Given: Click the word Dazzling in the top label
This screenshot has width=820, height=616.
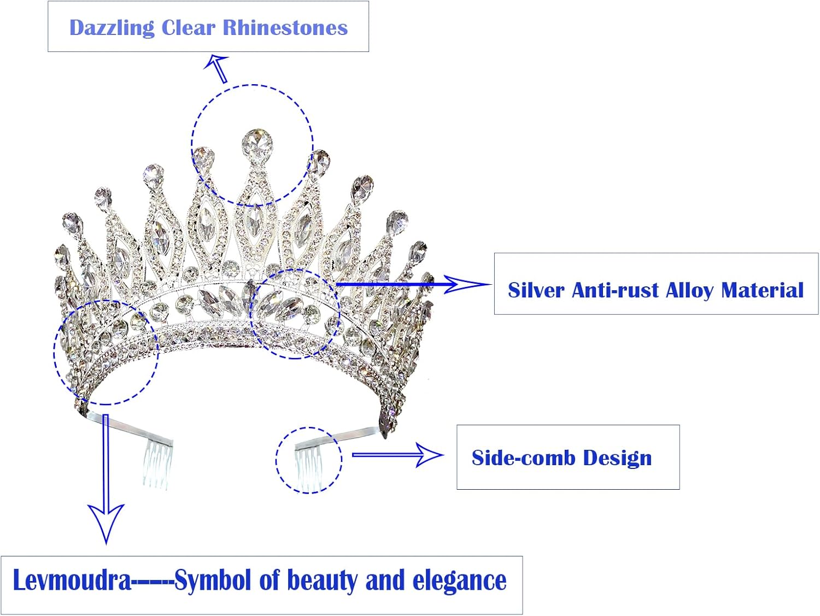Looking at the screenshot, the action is coord(112,28).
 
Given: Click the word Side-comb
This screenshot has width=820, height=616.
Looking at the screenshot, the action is coord(524,458).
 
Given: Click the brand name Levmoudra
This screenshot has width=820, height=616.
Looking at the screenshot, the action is coord(72,580).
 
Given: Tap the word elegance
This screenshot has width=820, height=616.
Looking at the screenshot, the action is coord(459,580).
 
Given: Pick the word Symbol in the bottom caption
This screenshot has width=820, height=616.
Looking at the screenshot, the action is coord(213,580).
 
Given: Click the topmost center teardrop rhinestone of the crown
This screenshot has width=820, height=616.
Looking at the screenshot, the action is coord(257,144).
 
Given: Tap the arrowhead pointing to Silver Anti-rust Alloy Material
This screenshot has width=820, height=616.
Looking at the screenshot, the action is coord(465,284).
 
